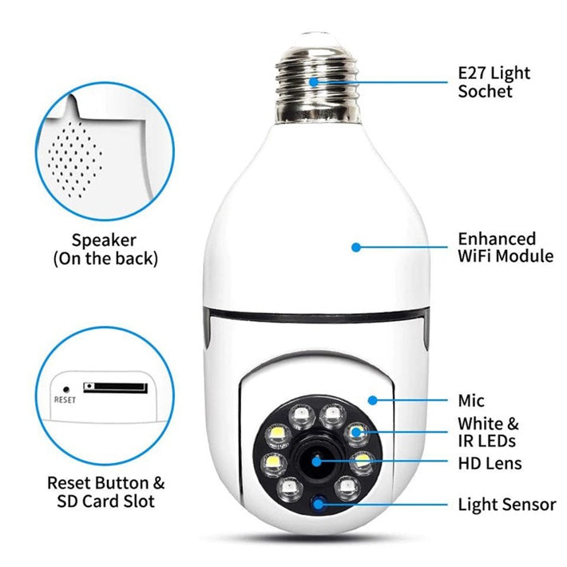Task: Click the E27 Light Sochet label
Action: [493, 81]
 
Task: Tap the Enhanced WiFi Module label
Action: [505, 248]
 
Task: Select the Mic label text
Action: [471, 401]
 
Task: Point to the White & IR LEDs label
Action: [488, 432]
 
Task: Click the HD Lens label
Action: [490, 463]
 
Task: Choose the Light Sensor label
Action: [507, 505]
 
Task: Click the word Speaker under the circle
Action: [105, 240]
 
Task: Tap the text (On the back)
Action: [105, 259]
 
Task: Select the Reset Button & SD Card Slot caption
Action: [105, 492]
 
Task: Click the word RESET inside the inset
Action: [65, 399]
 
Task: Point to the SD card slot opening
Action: [116, 387]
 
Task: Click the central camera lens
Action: [315, 462]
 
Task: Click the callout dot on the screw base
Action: [314, 81]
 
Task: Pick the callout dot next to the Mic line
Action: [372, 398]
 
